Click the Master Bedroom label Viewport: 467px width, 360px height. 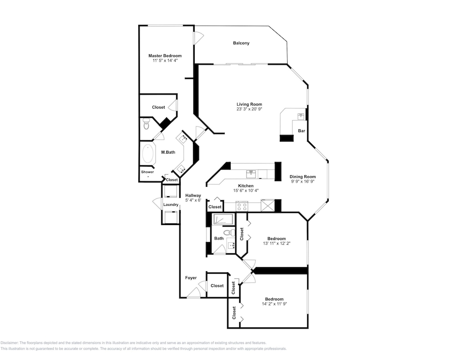pyautogui.click(x=165, y=56)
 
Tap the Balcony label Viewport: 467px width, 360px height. pyautogui.click(x=241, y=43)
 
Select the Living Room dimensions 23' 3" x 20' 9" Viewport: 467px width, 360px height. pyautogui.click(x=249, y=109)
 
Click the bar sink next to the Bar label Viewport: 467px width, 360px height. pyautogui.click(x=300, y=116)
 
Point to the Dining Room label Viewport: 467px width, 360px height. pyautogui.click(x=303, y=176)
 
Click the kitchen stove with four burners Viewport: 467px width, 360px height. pyautogui.click(x=241, y=206)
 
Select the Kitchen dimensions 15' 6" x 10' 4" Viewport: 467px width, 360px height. pyautogui.click(x=246, y=191)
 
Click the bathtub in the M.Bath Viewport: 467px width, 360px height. pyautogui.click(x=148, y=153)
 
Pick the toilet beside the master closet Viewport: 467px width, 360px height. pyautogui.click(x=146, y=124)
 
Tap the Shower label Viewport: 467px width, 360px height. pyautogui.click(x=148, y=172)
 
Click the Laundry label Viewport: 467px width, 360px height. pyautogui.click(x=170, y=205)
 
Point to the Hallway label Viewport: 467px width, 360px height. pyautogui.click(x=193, y=195)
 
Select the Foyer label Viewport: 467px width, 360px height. pyautogui.click(x=191, y=278)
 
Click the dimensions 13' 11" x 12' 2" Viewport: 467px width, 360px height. pyautogui.click(x=276, y=243)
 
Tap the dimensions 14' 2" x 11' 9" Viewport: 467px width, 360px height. pyautogui.click(x=274, y=304)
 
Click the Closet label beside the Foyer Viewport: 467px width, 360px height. pyautogui.click(x=217, y=286)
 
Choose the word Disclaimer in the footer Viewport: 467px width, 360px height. pyautogui.click(x=9, y=343)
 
